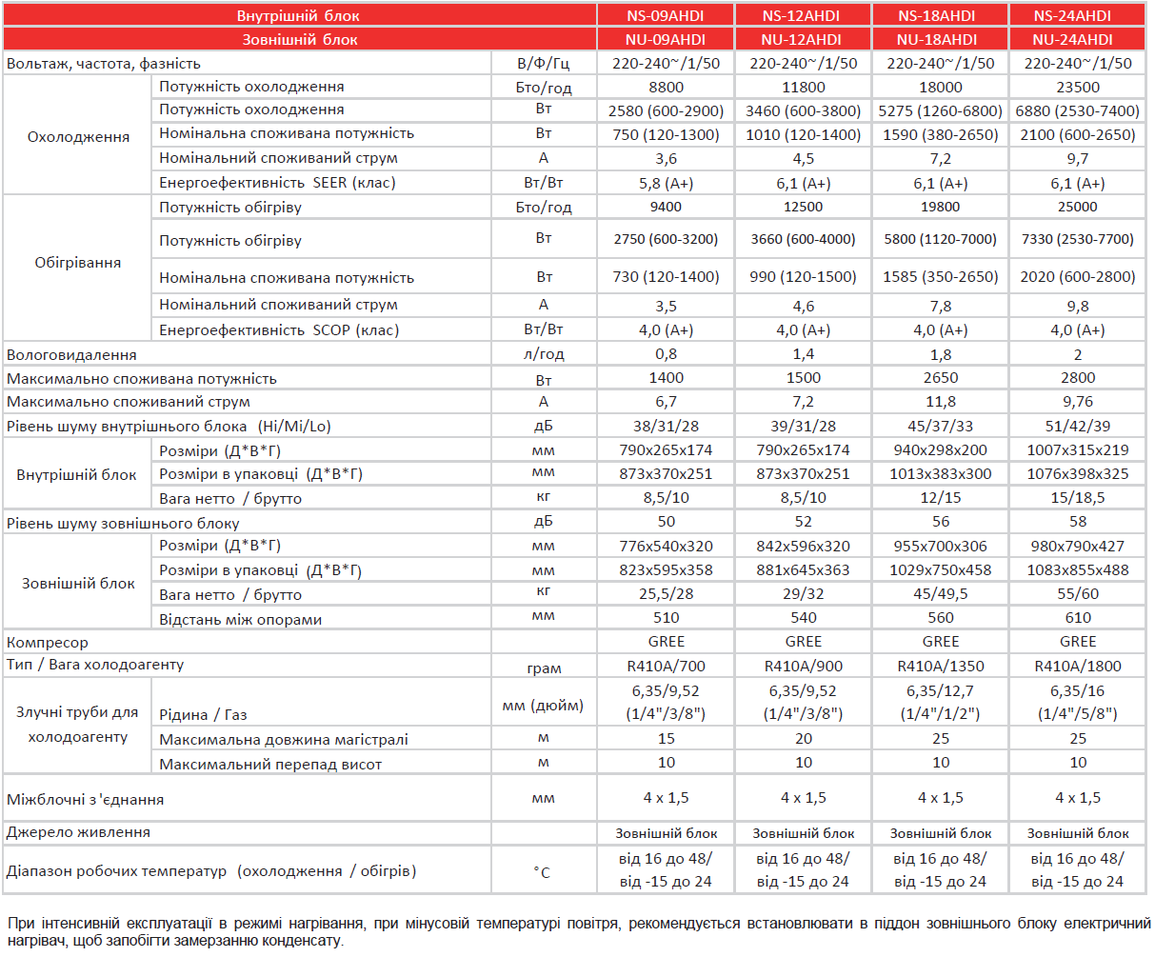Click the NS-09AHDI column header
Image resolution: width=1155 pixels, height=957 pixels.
tap(665, 15)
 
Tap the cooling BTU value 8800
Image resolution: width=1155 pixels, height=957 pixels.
tap(666, 87)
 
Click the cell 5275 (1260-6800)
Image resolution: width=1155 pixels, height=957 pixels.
tap(940, 111)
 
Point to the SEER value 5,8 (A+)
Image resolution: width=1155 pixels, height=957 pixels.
tap(666, 183)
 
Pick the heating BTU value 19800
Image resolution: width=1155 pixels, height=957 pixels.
tap(940, 207)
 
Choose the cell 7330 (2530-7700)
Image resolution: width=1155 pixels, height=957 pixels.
tap(1077, 239)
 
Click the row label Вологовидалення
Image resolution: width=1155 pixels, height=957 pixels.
tap(71, 354)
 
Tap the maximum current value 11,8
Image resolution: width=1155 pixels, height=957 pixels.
tap(940, 402)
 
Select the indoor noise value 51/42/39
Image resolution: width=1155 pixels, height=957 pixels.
tap(1077, 426)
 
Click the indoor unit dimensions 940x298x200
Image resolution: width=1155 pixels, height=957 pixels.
tap(940, 449)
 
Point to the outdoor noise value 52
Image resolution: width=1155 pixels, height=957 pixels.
tap(803, 521)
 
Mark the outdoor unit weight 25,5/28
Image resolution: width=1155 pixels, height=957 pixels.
tap(666, 593)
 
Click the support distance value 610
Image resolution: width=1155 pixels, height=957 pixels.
tap(1077, 617)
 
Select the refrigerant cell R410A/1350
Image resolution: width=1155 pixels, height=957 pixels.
tap(940, 666)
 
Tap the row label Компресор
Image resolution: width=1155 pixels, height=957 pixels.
tap(47, 642)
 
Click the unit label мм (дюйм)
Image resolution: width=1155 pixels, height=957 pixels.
tap(543, 706)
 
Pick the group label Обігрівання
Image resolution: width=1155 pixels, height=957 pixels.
tap(77, 262)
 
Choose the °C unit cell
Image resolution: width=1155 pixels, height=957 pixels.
tap(542, 872)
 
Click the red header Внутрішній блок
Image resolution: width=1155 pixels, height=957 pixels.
tap(298, 15)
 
